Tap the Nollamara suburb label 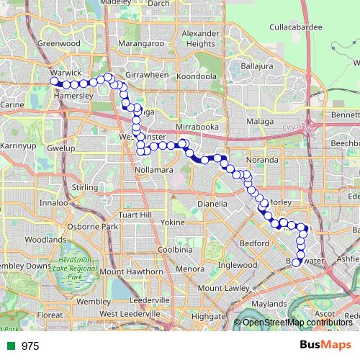[153, 169]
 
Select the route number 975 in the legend [30, 346]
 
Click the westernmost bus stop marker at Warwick [53, 82]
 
